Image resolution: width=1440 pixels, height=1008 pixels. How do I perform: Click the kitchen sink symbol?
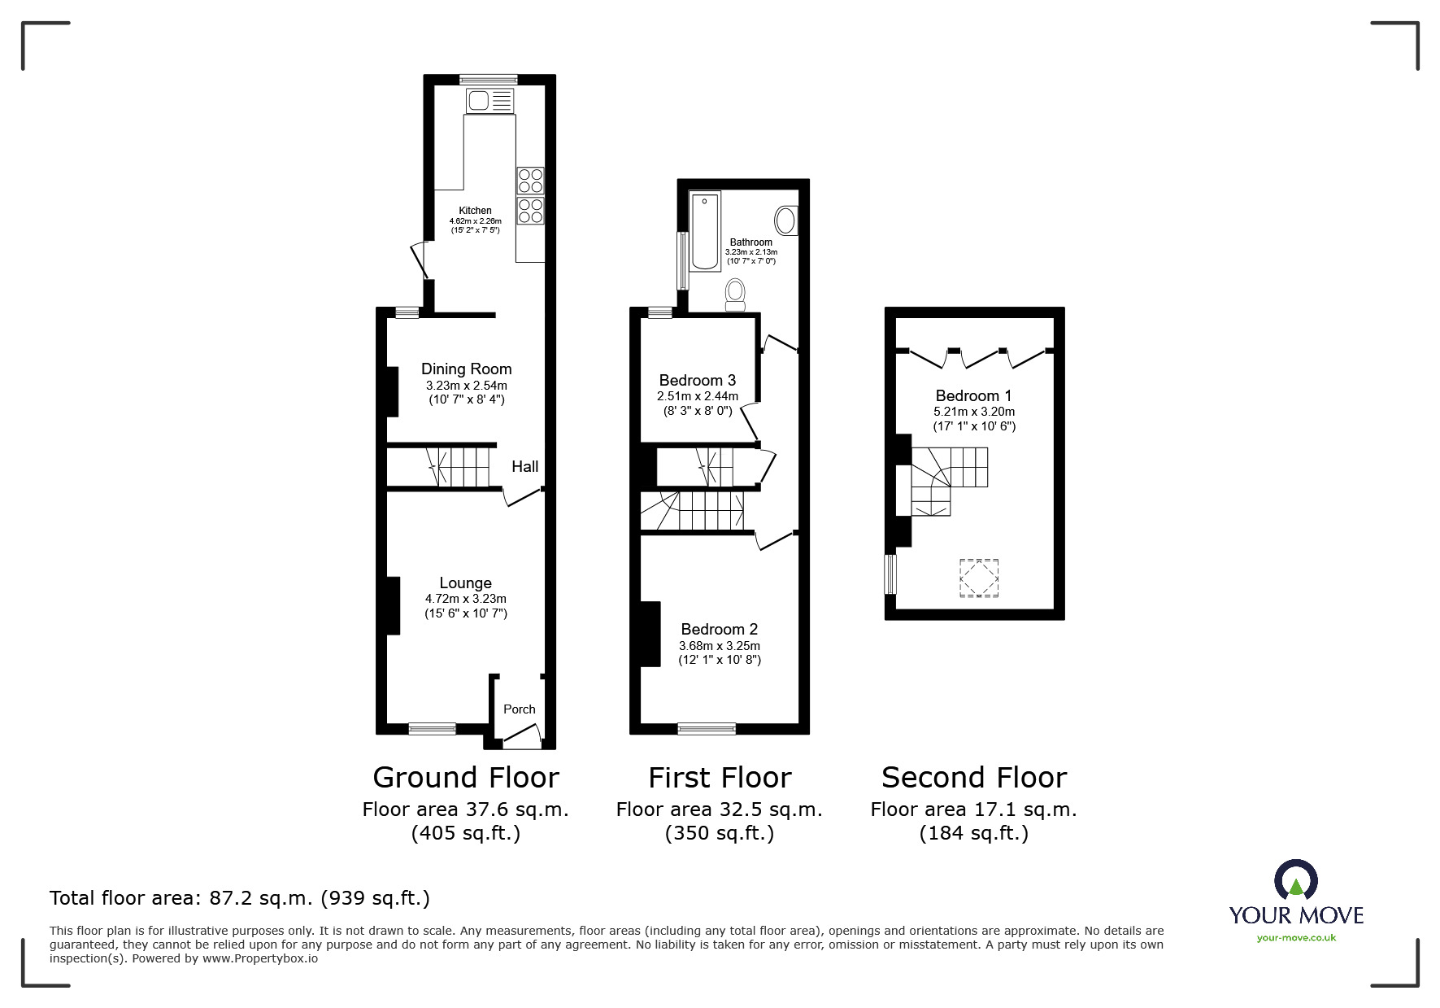point(490,101)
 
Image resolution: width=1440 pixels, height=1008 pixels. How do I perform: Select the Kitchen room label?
point(475,211)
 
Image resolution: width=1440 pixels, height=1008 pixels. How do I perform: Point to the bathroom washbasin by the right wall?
point(785,220)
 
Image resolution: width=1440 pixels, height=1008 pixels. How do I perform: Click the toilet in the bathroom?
point(735,295)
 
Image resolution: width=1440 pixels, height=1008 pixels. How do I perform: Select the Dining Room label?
point(466,369)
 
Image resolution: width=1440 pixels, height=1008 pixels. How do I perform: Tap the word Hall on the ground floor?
point(524,467)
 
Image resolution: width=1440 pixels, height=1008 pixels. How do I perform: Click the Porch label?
point(519,709)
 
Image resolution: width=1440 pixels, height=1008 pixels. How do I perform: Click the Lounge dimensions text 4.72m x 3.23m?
point(465,599)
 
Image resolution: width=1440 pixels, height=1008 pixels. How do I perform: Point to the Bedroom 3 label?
point(697,380)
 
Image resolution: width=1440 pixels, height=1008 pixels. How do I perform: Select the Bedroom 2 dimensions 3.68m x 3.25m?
point(720,645)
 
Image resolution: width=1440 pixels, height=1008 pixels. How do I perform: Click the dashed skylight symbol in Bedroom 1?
point(979,578)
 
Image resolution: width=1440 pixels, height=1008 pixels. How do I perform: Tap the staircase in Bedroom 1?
point(947,480)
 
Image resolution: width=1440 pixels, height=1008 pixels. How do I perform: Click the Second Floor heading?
point(973,778)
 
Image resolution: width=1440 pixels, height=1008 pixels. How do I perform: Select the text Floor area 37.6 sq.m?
point(465,809)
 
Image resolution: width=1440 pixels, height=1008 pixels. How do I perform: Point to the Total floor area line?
point(240,898)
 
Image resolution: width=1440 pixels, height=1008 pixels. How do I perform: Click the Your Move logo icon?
point(1295,881)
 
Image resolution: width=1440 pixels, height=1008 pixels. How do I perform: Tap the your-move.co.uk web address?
point(1296,938)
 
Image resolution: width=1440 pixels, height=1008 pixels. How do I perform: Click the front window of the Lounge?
point(433,729)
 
